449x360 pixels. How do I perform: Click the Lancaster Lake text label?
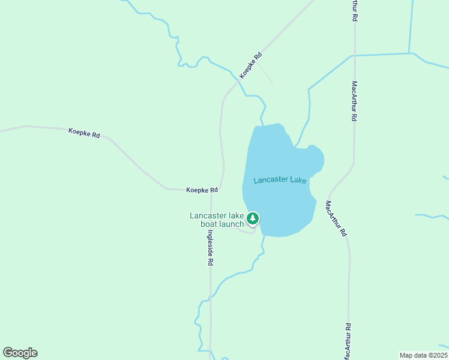[280, 180]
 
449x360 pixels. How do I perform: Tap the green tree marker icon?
[253, 218]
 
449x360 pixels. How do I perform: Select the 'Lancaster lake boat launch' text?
[217, 220]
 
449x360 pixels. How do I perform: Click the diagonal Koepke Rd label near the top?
[250, 65]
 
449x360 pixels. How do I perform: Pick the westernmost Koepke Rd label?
[84, 133]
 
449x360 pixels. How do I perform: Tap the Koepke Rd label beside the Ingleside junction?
[202, 190]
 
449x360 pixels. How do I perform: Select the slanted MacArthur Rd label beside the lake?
[337, 217]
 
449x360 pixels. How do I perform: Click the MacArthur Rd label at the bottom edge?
[348, 341]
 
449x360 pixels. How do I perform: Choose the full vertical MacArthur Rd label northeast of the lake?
[355, 101]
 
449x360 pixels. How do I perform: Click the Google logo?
[20, 353]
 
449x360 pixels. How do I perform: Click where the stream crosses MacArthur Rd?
[354, 55]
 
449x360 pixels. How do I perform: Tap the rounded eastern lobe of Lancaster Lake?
[313, 158]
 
